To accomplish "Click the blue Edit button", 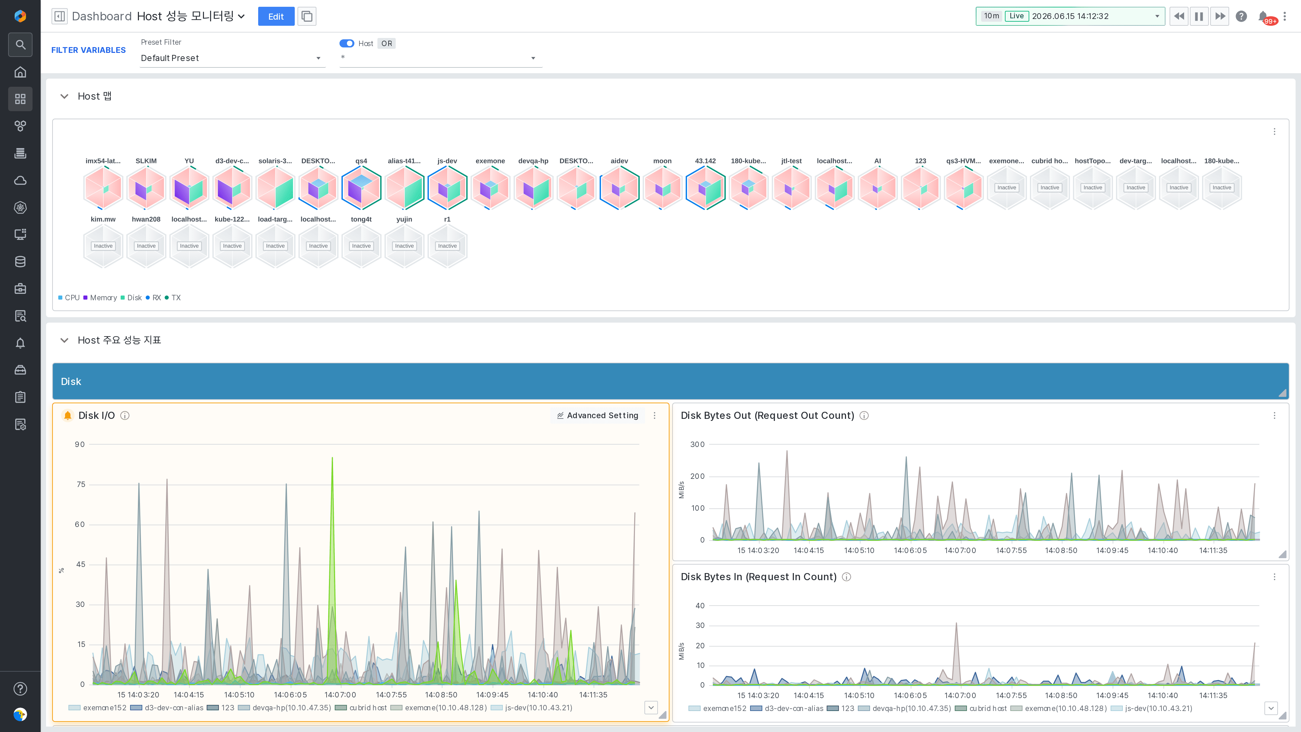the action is click(x=276, y=16).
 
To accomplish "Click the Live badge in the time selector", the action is click(x=1016, y=16).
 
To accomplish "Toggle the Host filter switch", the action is click(x=347, y=43).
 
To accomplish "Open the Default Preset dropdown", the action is click(x=232, y=58).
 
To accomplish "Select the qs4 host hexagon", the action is click(x=361, y=187).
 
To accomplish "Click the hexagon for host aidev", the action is click(x=619, y=187).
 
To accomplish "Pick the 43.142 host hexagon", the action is click(x=705, y=187).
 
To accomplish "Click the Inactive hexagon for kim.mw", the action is click(x=103, y=246).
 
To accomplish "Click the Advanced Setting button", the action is click(x=597, y=415).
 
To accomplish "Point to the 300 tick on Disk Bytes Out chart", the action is click(x=698, y=445).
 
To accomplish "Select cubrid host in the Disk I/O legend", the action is click(x=361, y=708).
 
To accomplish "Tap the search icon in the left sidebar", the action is click(x=20, y=44).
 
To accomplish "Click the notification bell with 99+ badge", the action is click(x=1264, y=17).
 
